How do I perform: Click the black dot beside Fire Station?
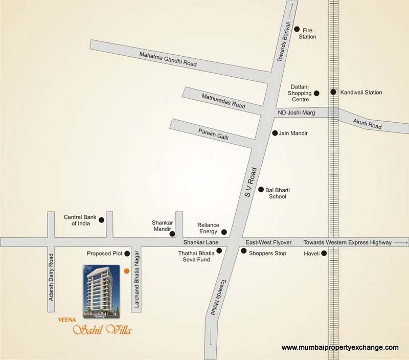297,30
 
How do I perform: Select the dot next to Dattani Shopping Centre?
316,93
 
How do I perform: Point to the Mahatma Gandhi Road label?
168,60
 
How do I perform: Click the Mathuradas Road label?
223,100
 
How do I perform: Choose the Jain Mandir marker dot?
275,133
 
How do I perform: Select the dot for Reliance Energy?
223,232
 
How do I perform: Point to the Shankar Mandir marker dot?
172,234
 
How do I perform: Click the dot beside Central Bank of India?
101,220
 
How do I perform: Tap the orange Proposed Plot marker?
126,271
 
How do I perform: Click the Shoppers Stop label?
267,253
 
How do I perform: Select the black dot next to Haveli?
324,253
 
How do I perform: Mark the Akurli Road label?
368,123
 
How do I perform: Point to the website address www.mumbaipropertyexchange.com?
340,348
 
